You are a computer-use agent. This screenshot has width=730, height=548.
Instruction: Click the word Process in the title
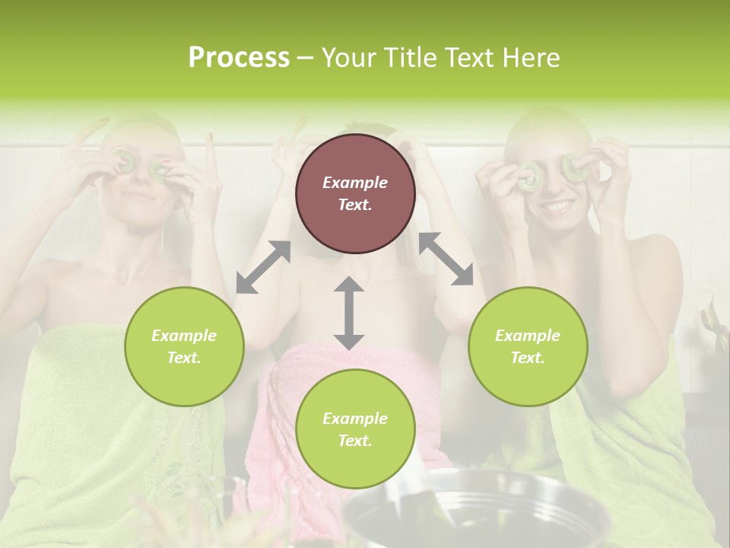click(x=239, y=58)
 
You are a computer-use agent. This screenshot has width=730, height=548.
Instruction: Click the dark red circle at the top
click(x=355, y=193)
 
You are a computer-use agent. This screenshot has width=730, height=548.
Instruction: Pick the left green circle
click(x=184, y=346)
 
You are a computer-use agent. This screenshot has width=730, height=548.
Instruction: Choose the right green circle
click(x=528, y=346)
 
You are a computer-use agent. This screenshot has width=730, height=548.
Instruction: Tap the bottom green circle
click(x=355, y=429)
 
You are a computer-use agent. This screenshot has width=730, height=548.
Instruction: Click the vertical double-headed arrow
click(x=349, y=313)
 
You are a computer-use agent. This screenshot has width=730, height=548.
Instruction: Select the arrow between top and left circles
click(x=263, y=267)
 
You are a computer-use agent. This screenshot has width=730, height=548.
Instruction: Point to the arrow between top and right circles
click(x=446, y=259)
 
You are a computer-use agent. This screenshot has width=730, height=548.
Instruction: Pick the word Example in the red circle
click(x=355, y=183)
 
